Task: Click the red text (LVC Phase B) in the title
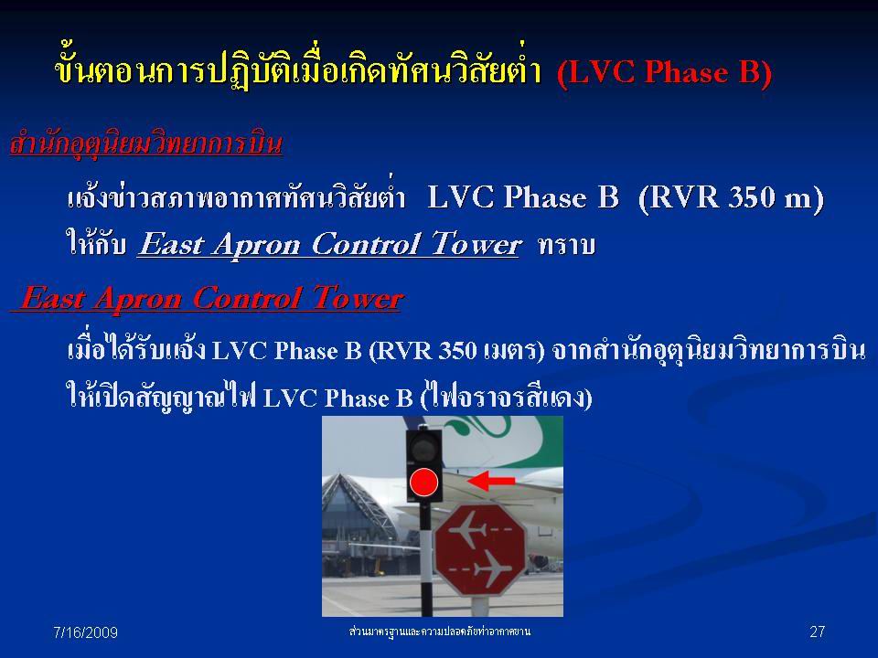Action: [x=665, y=72]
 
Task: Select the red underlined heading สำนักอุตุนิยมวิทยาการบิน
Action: [x=146, y=143]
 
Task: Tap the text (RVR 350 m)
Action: [x=731, y=197]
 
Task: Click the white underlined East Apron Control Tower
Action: [x=330, y=245]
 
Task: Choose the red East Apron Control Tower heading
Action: [x=208, y=298]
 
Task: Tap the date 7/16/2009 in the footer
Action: [x=85, y=632]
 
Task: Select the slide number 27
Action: [x=817, y=631]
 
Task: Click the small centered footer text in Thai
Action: [x=439, y=631]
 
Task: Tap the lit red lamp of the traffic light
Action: [x=423, y=483]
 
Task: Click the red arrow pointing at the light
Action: [x=491, y=481]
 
